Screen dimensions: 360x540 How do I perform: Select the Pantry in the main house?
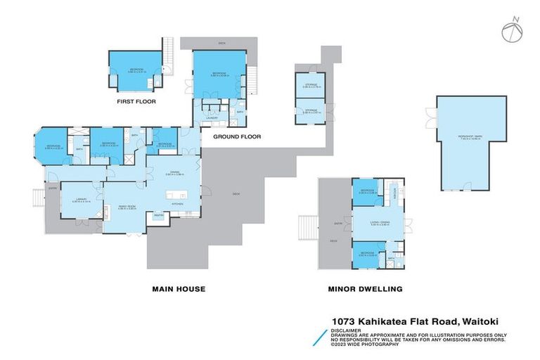pos(159,215)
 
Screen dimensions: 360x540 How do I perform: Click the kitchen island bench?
pos(173,193)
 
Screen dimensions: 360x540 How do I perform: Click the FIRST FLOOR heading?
pos(137,102)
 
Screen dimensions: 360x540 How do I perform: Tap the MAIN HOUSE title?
pos(179,288)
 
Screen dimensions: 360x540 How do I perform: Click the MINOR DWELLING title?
pos(365,288)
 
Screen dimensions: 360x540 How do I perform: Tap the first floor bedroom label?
pos(136,69)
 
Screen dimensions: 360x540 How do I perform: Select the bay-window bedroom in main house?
pos(53,147)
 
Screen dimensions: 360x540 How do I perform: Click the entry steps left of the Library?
pos(34,198)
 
